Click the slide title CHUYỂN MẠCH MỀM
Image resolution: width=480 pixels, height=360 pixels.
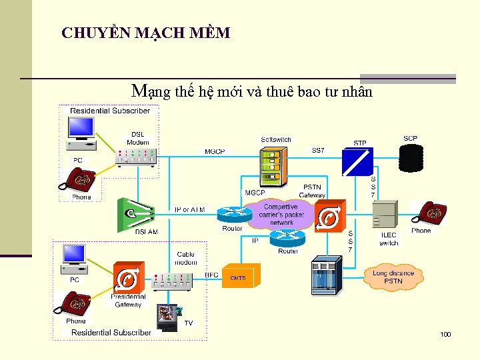pos(145,33)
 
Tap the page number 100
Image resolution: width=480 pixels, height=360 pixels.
pos(445,333)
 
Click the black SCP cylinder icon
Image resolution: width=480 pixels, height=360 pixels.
pos(411,158)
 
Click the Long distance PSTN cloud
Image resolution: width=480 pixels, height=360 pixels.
pos(393,277)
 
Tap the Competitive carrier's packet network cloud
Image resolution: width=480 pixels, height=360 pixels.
pos(281,215)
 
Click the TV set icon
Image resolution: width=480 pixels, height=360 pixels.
pos(167,318)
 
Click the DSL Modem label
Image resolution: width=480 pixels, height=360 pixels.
pos(138,138)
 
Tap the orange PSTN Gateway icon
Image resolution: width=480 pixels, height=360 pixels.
pos(329,217)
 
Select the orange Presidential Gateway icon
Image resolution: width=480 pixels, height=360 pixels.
pos(127,280)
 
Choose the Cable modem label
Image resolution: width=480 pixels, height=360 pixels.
pos(186,258)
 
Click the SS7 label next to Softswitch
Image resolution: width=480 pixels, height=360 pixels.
pos(318,151)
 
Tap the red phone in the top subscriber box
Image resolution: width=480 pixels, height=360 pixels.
pos(77,179)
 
